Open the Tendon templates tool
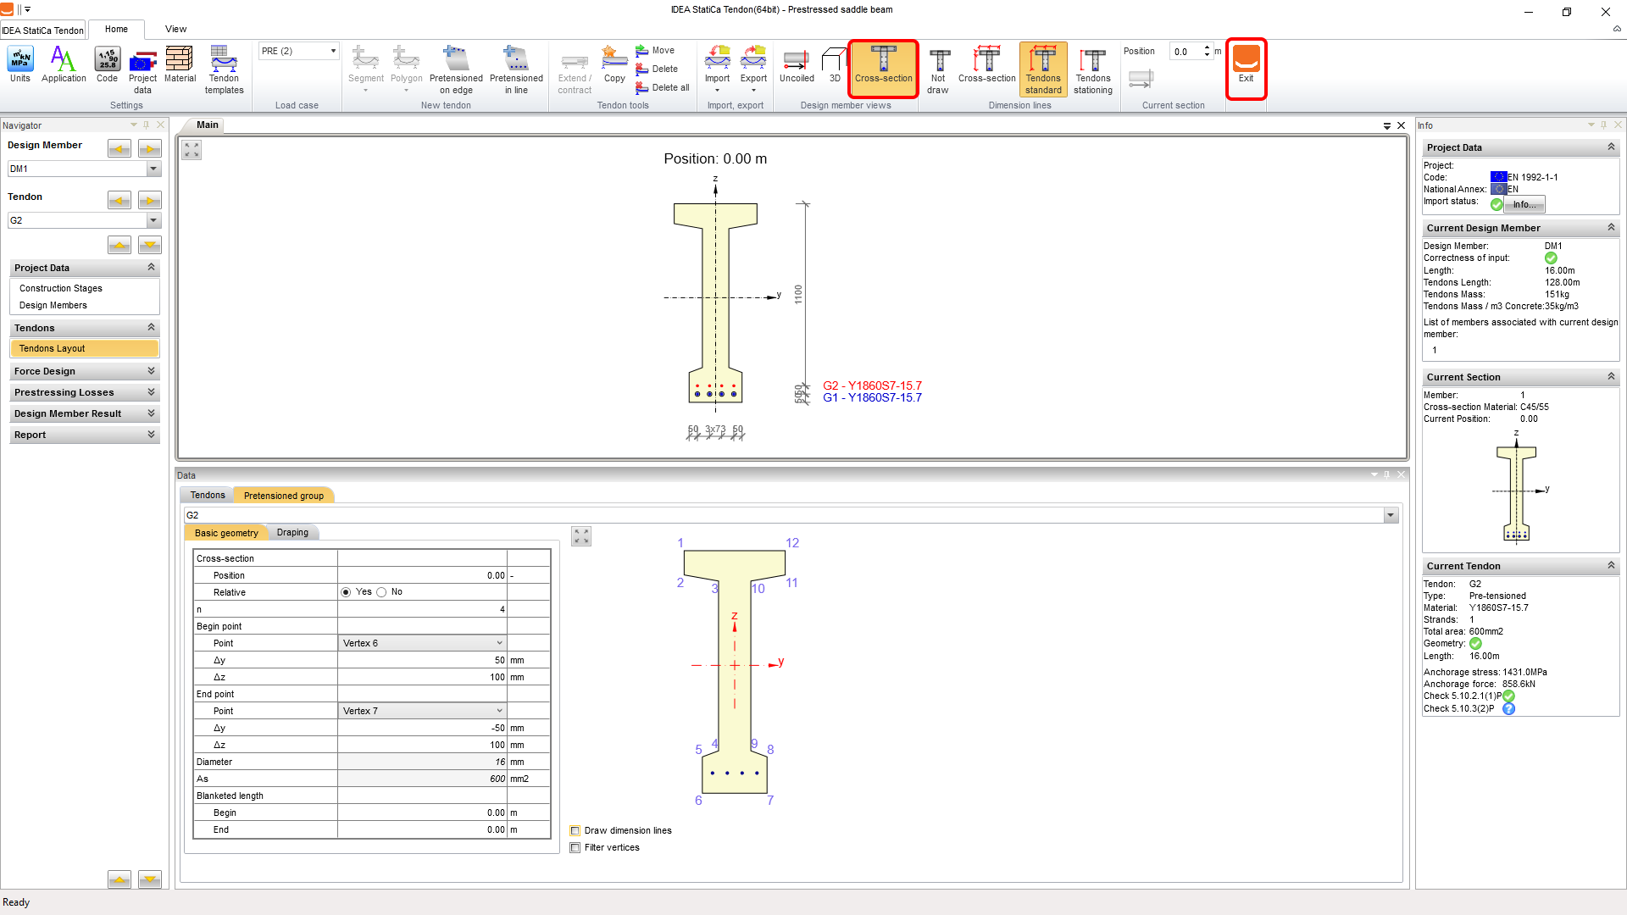point(224,69)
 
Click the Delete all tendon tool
point(663,87)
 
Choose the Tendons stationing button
point(1093,69)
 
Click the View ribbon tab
point(175,29)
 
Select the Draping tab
point(292,532)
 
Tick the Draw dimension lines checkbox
point(575,830)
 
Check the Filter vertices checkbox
point(575,847)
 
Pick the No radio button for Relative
point(381,592)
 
